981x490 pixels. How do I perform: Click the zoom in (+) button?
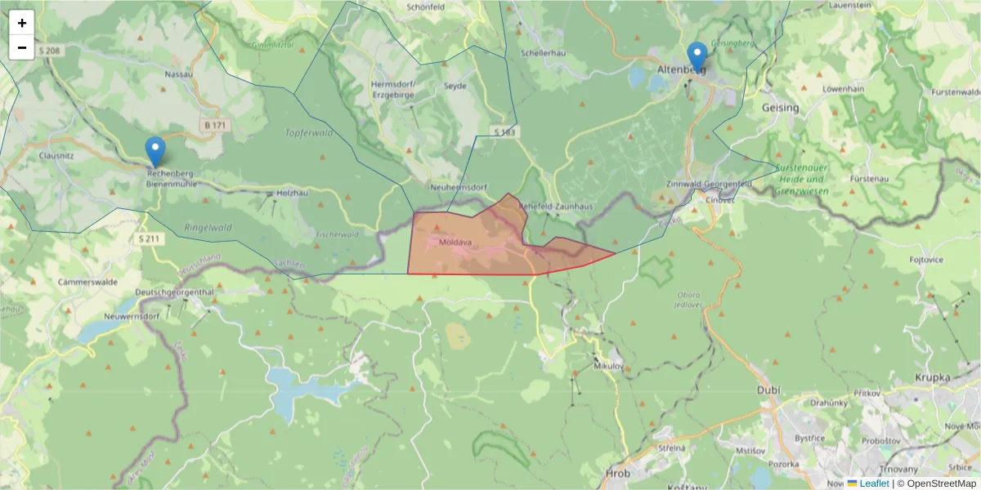(22, 23)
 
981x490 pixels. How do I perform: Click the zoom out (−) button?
(22, 47)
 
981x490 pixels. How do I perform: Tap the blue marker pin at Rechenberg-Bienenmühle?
(155, 151)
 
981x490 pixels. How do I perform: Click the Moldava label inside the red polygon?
(455, 243)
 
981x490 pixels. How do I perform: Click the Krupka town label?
(934, 377)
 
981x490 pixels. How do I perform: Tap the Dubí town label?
(768, 390)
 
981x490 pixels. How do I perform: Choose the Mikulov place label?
(608, 366)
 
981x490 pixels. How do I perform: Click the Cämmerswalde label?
(89, 282)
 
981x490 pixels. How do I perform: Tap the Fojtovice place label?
(925, 260)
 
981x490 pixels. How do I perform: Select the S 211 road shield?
(147, 238)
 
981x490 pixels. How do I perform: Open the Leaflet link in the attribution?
(874, 483)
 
